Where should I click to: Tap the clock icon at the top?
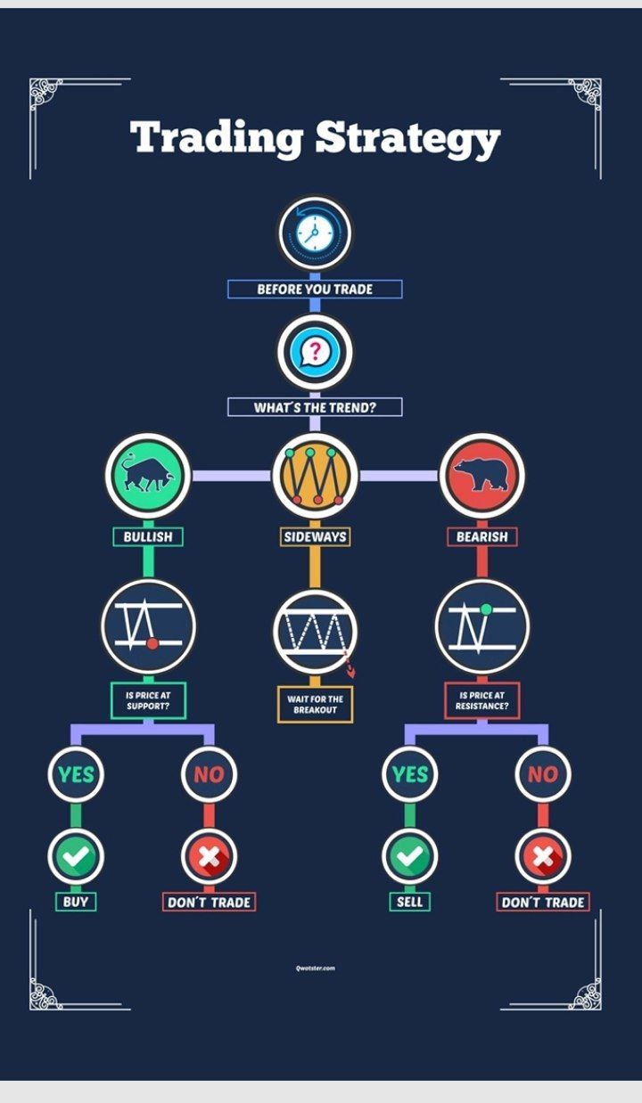314,233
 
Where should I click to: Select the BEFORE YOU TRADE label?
315,289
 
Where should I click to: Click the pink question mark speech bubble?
314,350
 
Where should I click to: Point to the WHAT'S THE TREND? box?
315,407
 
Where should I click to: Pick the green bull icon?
148,474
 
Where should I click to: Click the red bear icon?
481,474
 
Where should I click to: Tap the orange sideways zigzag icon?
314,474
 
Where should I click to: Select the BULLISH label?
148,536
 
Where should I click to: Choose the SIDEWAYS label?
315,536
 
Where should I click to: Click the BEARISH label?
481,536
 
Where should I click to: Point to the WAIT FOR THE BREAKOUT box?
315,704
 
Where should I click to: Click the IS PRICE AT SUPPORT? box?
148,701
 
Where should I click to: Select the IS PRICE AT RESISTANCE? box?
481,701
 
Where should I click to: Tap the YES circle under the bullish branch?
76,774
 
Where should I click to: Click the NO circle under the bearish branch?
542,774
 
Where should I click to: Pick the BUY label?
76,902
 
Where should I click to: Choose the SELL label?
409,902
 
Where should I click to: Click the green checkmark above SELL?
409,857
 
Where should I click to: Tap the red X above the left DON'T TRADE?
209,857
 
